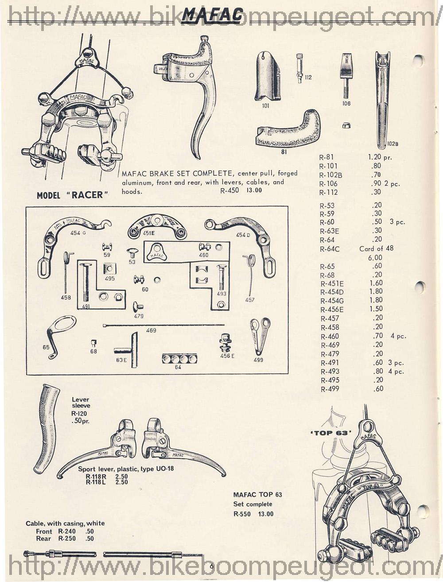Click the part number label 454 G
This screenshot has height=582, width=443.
[78, 233]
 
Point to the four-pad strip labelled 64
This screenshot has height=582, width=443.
[179, 358]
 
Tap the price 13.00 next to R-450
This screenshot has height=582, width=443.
[254, 190]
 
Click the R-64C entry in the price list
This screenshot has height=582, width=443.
[330, 249]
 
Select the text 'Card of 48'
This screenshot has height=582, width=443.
[376, 248]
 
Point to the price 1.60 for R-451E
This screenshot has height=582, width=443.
[376, 283]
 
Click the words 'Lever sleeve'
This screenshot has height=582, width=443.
[81, 402]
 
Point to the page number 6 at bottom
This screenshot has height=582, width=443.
[211, 566]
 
